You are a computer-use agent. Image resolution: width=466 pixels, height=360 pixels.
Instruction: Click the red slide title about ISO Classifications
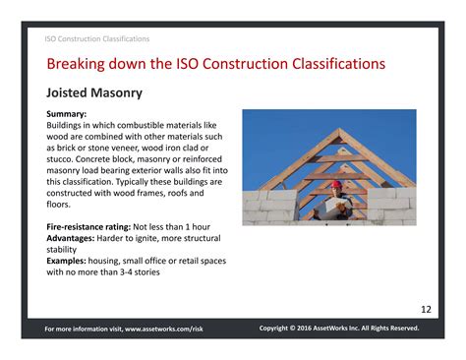pyautogui.click(x=215, y=65)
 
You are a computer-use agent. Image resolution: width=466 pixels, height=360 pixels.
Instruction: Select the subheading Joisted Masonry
pyautogui.click(x=94, y=93)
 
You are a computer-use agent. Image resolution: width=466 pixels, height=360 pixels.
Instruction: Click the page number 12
pyautogui.click(x=426, y=310)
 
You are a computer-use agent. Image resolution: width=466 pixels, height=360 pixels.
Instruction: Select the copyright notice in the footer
pyautogui.click(x=339, y=329)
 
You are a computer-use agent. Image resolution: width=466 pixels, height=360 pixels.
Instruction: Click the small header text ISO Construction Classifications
pyautogui.click(x=97, y=39)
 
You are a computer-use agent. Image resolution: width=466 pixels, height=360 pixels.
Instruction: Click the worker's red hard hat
pyautogui.click(x=335, y=183)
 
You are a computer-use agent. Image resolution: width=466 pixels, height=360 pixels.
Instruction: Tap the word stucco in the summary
pyautogui.click(x=62, y=160)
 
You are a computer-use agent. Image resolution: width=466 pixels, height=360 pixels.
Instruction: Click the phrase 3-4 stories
pyautogui.click(x=138, y=272)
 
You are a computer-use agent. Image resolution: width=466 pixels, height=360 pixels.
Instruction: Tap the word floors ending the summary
pyautogui.click(x=61, y=206)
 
